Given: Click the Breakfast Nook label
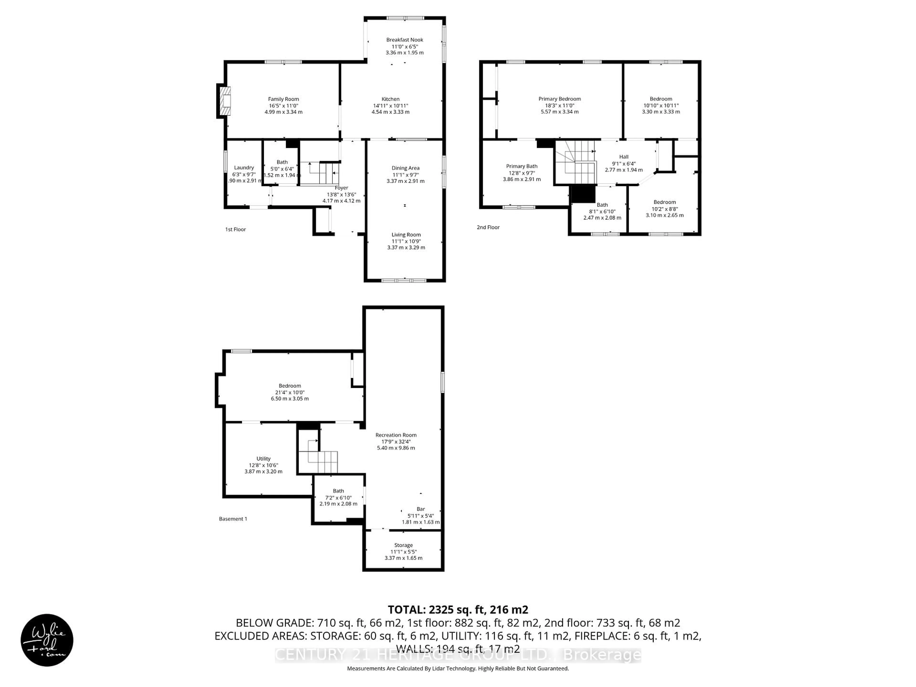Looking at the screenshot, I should (x=405, y=40).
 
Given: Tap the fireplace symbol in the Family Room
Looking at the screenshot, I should (x=224, y=101).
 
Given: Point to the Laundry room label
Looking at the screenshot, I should (x=244, y=168).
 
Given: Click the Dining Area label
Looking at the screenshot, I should (x=406, y=168).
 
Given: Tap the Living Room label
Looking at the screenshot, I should (x=406, y=235).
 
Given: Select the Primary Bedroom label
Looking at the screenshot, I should (x=559, y=99).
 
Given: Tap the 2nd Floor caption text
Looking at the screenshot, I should (x=488, y=227).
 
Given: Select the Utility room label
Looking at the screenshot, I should (x=263, y=459).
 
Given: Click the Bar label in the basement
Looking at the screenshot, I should (x=421, y=509).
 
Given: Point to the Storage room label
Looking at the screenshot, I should (x=403, y=545).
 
